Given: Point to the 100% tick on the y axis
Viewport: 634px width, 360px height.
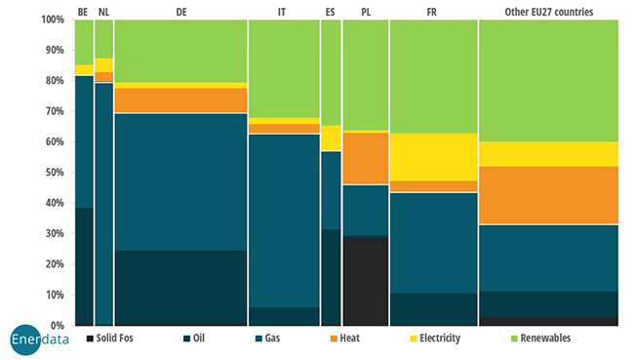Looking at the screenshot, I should tap(54, 20).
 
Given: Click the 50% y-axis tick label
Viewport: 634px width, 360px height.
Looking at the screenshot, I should tap(56, 172).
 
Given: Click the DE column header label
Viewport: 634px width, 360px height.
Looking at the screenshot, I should tap(180, 11).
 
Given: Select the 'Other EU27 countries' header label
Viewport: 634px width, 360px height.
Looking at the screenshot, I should tap(548, 11).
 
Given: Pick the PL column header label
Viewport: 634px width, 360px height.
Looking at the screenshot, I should tap(366, 11).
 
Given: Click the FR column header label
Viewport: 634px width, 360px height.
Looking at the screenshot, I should tap(432, 11).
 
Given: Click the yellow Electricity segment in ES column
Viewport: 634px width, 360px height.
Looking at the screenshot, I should tap(332, 138).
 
